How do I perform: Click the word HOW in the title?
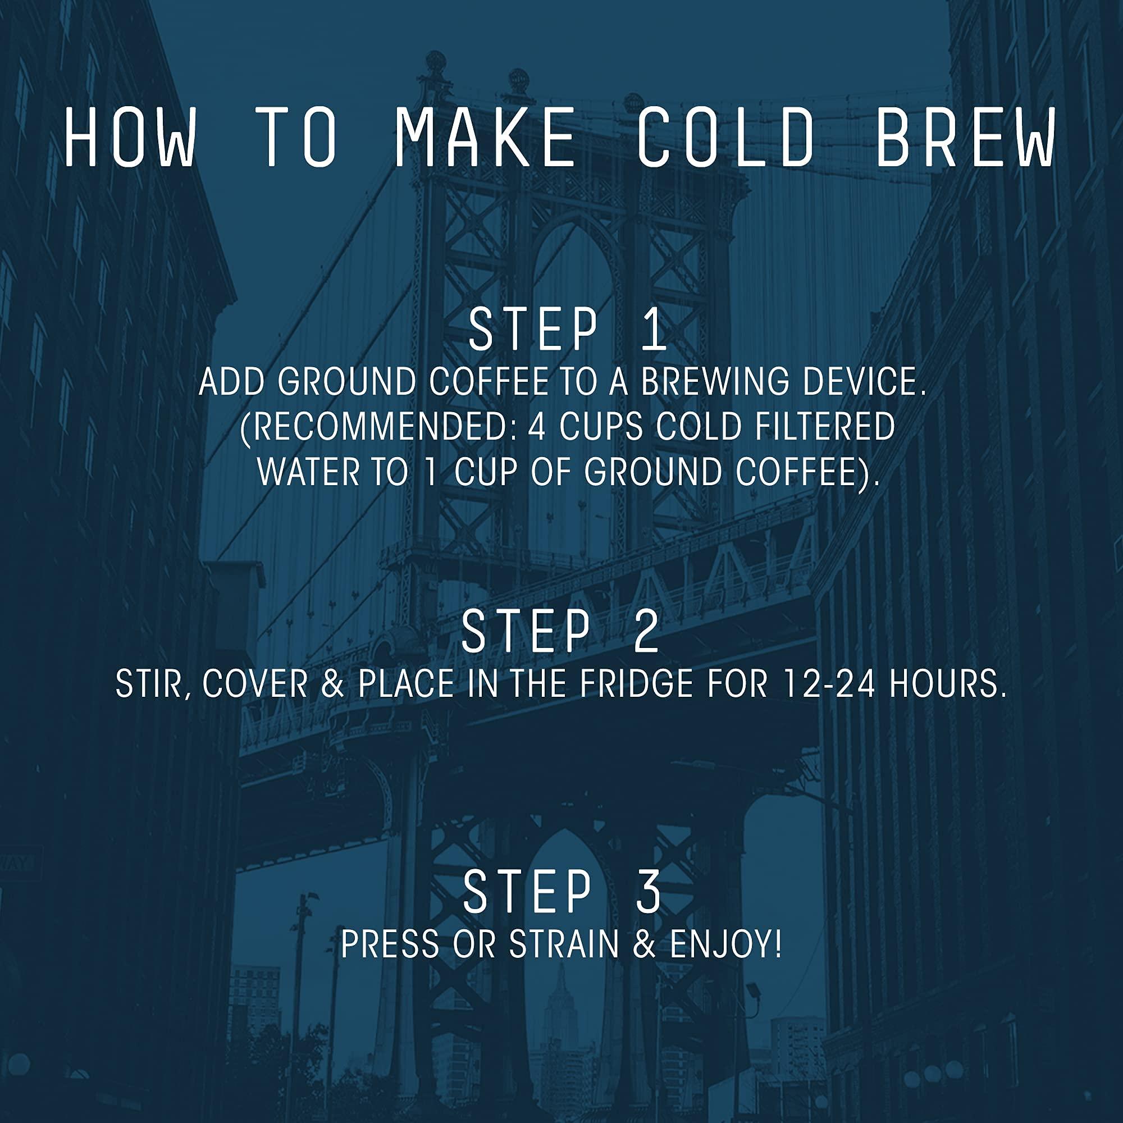coord(129,138)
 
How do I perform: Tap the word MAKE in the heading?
coord(485,138)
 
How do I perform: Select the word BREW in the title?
coord(965,138)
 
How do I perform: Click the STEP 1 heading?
coord(567,330)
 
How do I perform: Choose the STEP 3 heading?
coord(561,892)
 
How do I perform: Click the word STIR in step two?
coord(152,684)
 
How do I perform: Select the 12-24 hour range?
coord(828,684)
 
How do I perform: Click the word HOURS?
coord(947,684)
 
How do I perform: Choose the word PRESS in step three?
coord(390,944)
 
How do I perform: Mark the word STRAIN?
coord(564,944)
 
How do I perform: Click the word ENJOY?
coord(725,944)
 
